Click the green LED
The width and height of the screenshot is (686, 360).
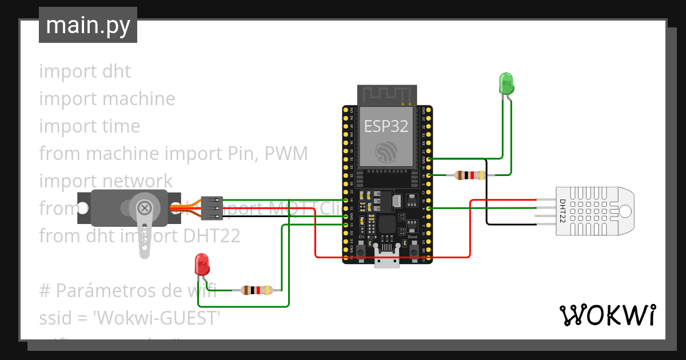click(x=506, y=83)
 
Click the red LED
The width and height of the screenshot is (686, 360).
click(x=202, y=264)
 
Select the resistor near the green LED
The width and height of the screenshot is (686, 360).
click(x=469, y=175)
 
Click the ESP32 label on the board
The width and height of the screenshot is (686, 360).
click(x=386, y=126)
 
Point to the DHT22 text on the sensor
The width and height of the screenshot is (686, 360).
click(x=563, y=211)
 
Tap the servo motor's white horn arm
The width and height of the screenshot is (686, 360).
click(x=145, y=229)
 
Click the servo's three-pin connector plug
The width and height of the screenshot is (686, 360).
click(x=212, y=208)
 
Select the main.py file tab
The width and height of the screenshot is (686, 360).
click(x=88, y=25)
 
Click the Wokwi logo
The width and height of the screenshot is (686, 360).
click(x=607, y=315)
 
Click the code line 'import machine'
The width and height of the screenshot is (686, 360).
click(x=107, y=99)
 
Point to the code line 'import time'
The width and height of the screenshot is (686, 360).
click(x=89, y=126)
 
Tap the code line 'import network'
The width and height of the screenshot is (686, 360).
click(x=106, y=181)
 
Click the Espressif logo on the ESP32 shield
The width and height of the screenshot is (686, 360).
click(x=386, y=151)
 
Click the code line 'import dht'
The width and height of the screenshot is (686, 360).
click(x=85, y=71)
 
